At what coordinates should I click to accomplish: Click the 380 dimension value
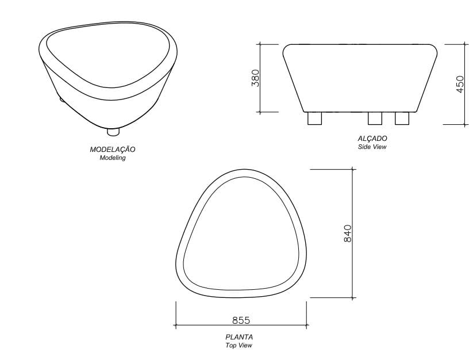[x=256, y=78]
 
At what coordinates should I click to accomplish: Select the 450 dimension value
[x=459, y=84]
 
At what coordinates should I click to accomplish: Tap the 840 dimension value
[x=347, y=233]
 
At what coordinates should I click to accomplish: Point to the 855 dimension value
[x=241, y=320]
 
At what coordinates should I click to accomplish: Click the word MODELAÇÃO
[x=113, y=150]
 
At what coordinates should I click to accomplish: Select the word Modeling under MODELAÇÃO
[x=113, y=158]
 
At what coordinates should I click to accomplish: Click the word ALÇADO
[x=372, y=139]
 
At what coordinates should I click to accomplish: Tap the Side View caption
[x=372, y=147]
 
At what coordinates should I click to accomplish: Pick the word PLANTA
[x=239, y=337]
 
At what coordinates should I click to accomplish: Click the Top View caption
[x=239, y=345]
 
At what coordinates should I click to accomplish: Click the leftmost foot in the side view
[x=314, y=118]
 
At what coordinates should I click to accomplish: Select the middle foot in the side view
[x=375, y=118]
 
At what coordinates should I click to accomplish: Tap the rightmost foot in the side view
[x=402, y=118]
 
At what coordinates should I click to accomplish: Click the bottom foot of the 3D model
[x=113, y=132]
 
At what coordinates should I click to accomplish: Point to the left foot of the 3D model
[x=62, y=99]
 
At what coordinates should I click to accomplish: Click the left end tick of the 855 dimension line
[x=176, y=325]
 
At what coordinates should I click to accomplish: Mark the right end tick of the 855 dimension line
[x=307, y=325]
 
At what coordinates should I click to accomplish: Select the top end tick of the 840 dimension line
[x=352, y=170]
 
